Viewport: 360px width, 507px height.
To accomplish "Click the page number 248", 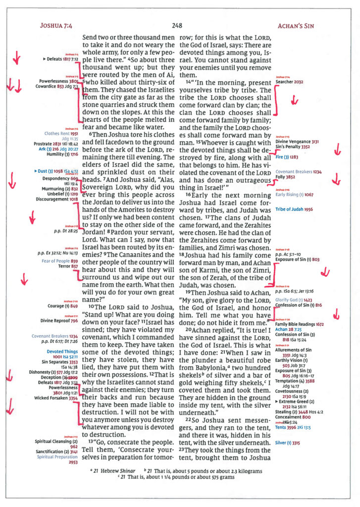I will [178, 25].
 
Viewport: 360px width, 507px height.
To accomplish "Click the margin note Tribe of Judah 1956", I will [294, 209].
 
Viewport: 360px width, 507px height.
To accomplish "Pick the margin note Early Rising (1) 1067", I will [294, 195].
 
